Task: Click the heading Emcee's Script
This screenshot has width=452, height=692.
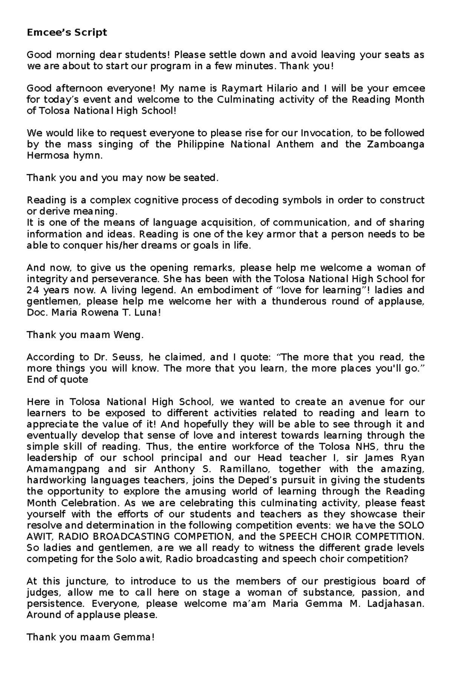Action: tap(67, 32)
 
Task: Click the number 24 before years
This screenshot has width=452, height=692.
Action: tap(32, 290)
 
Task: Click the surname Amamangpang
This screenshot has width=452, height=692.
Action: tap(63, 469)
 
